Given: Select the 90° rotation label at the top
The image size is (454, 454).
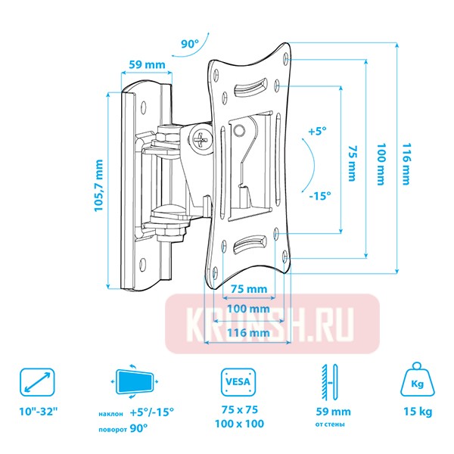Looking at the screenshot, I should point(189,44).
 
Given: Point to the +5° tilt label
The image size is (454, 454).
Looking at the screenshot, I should point(316,132).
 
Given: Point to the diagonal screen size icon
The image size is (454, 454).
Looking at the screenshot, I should point(37,382).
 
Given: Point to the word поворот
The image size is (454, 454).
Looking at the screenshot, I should point(113,428).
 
